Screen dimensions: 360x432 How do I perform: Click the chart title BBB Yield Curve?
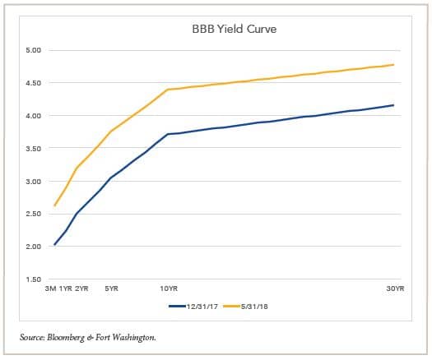pyautogui.click(x=218, y=31)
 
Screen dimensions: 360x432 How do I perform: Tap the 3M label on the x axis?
pyautogui.click(x=51, y=288)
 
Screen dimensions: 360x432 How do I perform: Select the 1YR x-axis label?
pyautogui.click(x=66, y=288)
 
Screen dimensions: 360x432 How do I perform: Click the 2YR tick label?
pyautogui.click(x=81, y=288)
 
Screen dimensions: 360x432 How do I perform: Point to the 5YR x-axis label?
pyautogui.click(x=111, y=288)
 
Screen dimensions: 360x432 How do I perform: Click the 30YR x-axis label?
pyautogui.click(x=395, y=288)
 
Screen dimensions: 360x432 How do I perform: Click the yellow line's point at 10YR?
pyautogui.click(x=167, y=90)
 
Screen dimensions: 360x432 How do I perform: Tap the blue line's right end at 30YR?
pyautogui.click(x=393, y=105)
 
